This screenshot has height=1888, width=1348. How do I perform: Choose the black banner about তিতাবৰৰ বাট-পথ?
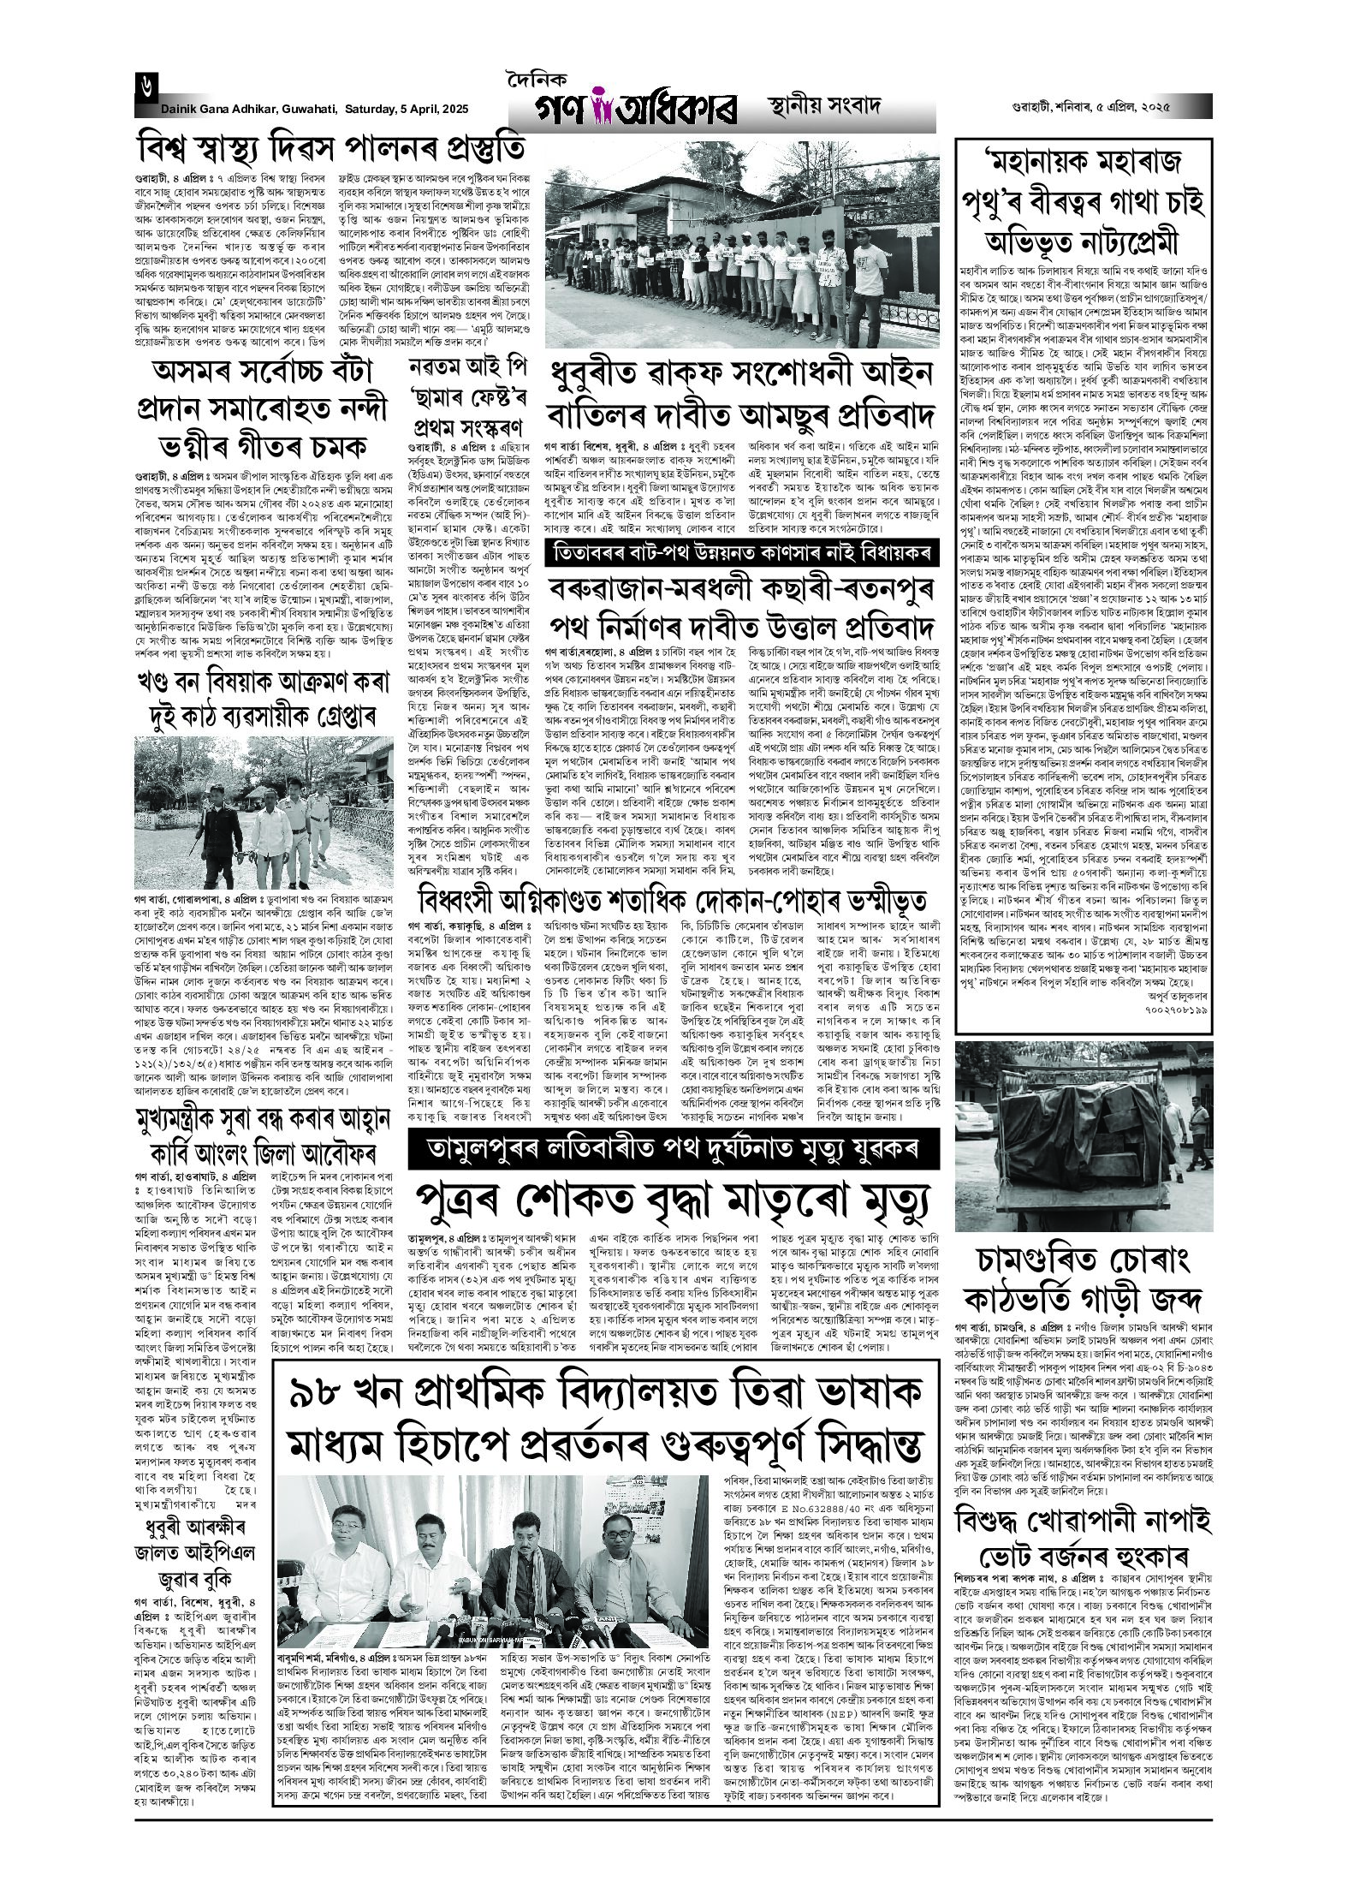click(740, 550)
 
